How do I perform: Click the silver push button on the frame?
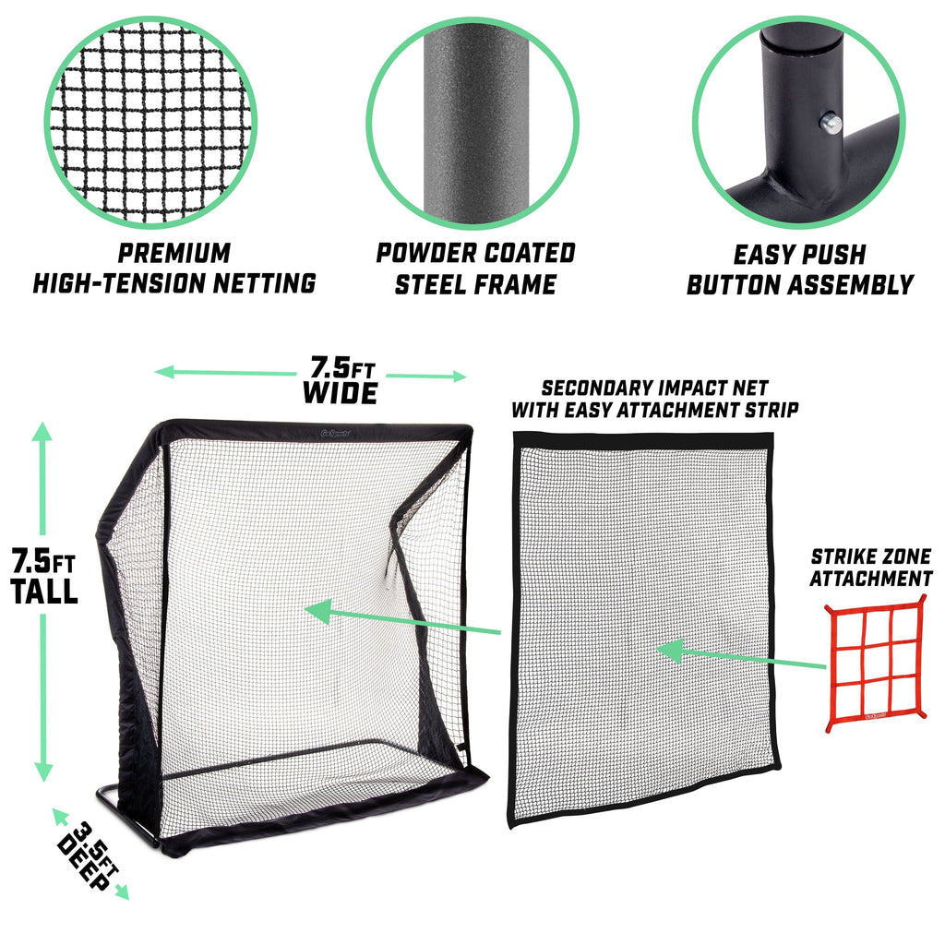pos(831,124)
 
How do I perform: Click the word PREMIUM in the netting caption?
pos(174,253)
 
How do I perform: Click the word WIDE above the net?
pos(340,393)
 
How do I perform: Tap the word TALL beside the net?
pos(44,592)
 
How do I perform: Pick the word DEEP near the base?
pos(84,863)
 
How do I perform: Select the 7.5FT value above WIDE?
pos(342,366)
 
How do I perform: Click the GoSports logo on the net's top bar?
pos(335,433)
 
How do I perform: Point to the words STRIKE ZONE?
pos(870,556)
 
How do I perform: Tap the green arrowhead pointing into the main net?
pos(319,611)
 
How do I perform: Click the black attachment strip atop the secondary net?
pos(643,440)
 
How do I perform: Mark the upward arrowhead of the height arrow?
pos(42,431)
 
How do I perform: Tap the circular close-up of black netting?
pos(150,123)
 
